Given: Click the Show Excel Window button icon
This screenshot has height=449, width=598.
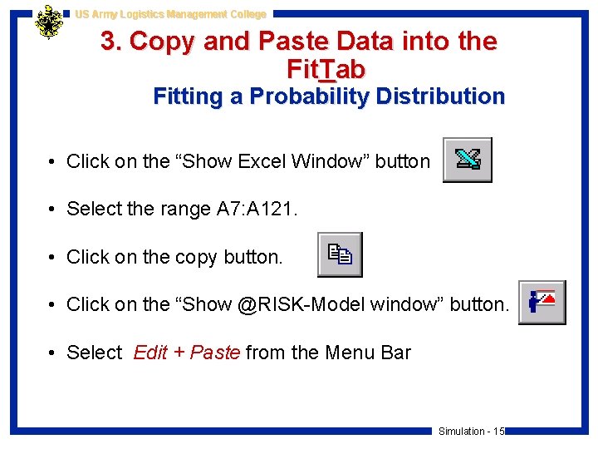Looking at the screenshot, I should (x=467, y=160).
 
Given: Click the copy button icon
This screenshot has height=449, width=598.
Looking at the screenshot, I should (x=340, y=254).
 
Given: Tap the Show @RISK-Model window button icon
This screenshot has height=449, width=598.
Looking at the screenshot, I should (x=542, y=302).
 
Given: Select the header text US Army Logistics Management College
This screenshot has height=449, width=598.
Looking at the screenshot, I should (x=170, y=14).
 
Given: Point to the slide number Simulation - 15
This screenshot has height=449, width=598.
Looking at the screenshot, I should (x=471, y=431).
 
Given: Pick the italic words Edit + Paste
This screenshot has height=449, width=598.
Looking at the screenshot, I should (x=187, y=353).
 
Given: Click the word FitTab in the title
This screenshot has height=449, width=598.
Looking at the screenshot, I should (x=325, y=68).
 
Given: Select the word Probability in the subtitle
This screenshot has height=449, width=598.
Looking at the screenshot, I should (x=300, y=96).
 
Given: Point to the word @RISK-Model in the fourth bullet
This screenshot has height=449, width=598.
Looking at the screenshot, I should (x=301, y=305).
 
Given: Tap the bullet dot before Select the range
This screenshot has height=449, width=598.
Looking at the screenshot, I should (x=51, y=210).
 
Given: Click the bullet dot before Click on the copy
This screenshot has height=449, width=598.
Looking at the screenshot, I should (x=51, y=258).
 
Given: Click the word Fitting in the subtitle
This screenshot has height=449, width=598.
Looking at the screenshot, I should (x=188, y=96).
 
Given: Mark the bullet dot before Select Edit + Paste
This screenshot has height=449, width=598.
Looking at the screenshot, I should (x=51, y=353).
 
